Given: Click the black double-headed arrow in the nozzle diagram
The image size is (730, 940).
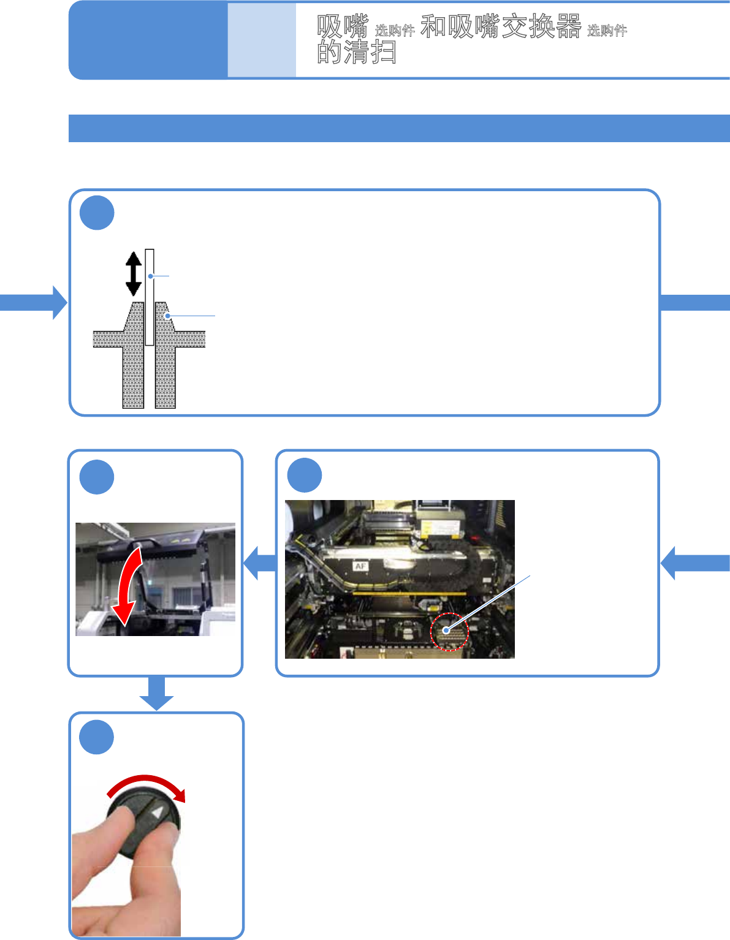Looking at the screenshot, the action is (x=134, y=273).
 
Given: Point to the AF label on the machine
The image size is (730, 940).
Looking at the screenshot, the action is (x=360, y=566).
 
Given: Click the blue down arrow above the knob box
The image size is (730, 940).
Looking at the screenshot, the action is (x=156, y=693).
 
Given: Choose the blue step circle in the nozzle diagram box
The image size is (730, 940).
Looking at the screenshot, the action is (x=97, y=213).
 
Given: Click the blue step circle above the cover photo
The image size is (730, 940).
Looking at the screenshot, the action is (x=97, y=477).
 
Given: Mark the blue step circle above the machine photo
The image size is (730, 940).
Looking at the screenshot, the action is (x=305, y=475).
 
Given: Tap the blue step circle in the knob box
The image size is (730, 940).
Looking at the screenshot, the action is (x=97, y=737).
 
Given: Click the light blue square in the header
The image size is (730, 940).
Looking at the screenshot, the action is (x=262, y=40).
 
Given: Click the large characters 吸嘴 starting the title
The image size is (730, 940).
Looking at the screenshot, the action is (x=342, y=27).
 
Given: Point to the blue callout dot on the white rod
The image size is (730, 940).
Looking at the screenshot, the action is (x=150, y=276).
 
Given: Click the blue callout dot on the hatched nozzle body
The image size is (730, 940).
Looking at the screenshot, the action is (x=167, y=316).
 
